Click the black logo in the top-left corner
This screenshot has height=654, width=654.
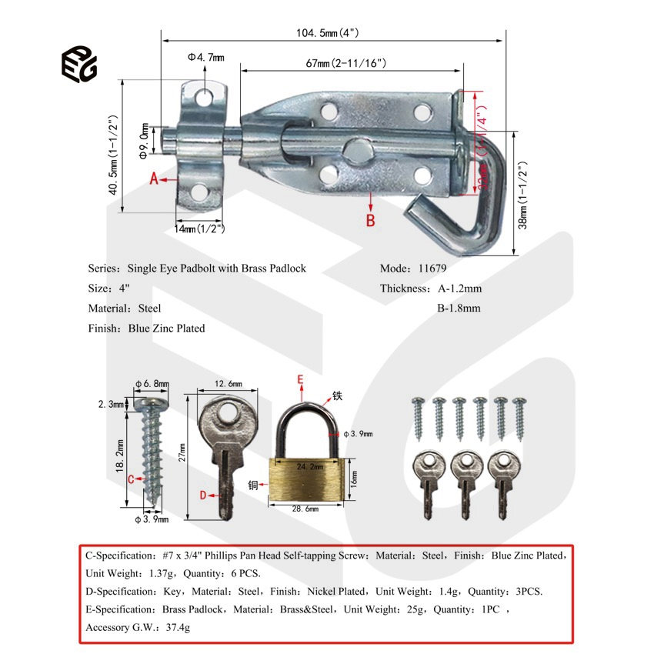79,62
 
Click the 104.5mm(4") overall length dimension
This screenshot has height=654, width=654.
328,32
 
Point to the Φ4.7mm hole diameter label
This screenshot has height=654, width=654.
205,57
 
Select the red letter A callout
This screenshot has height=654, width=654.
153,179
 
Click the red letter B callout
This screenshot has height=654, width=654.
370,220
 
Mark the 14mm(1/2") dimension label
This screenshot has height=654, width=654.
199,228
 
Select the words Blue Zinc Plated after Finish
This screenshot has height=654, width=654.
167,328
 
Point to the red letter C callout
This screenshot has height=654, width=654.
131,479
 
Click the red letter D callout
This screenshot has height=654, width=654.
203,496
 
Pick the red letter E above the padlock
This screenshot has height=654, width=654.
301,379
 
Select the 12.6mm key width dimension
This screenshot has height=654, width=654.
227,384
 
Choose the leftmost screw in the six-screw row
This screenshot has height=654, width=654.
419,417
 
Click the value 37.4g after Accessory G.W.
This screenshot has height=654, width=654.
175,627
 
